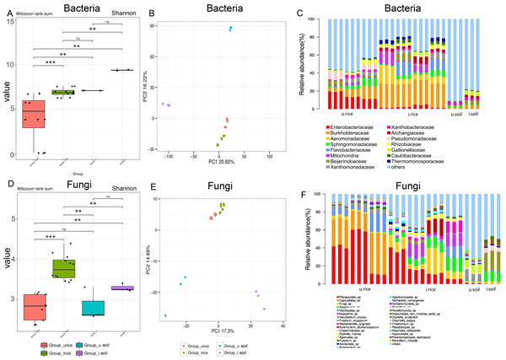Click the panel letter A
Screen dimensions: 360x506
click(6, 8)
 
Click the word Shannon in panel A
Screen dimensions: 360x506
click(126, 14)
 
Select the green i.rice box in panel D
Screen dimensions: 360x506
click(63, 268)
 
